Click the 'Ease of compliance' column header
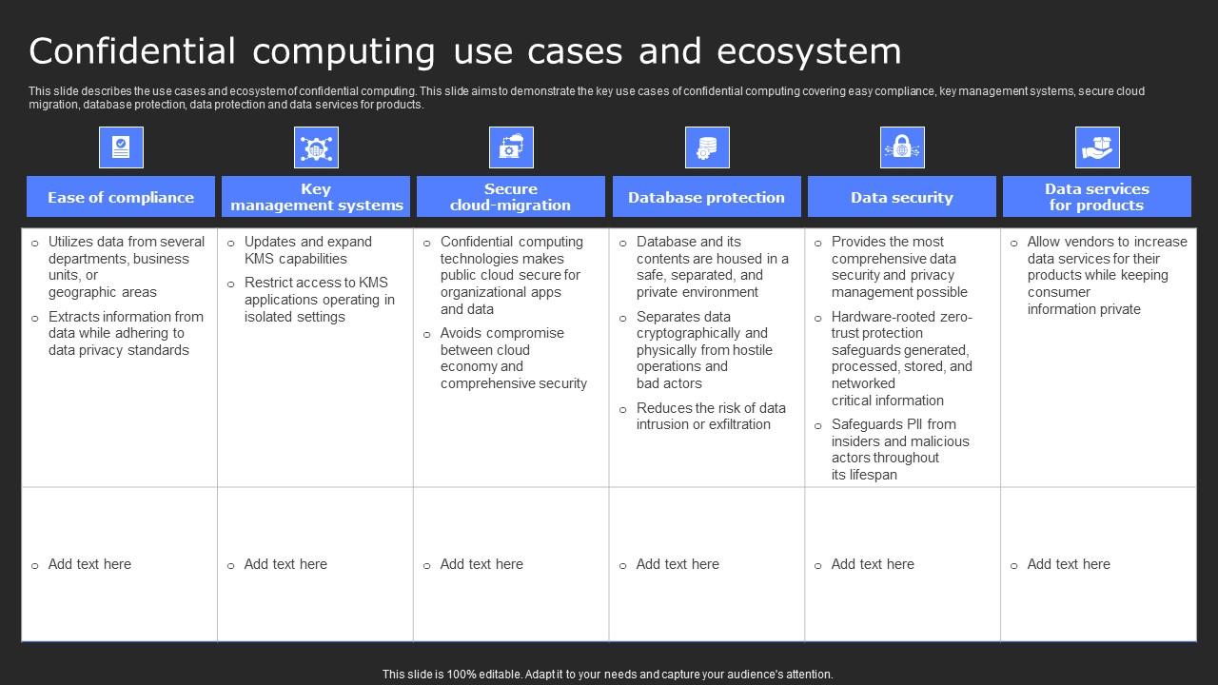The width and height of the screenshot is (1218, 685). (121, 197)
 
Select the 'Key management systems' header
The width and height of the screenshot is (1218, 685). (316, 197)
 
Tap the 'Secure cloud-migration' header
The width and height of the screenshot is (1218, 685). (511, 197)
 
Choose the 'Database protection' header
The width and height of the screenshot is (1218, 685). (706, 197)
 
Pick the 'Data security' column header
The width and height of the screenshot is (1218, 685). (901, 197)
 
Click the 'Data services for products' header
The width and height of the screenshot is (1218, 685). (1096, 197)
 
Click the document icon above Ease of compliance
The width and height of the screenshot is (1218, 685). (121, 147)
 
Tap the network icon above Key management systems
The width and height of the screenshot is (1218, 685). (316, 147)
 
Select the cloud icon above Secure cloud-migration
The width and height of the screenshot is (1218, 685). (511, 147)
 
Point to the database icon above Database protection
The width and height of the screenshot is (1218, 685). (707, 147)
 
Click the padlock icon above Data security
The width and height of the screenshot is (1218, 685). (902, 147)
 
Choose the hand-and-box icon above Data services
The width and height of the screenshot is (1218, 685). (1097, 147)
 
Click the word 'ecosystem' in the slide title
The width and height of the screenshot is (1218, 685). (808, 51)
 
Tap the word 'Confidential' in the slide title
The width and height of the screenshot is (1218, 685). (132, 51)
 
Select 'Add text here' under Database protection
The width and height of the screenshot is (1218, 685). (678, 564)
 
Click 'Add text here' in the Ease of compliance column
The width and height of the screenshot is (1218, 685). (89, 564)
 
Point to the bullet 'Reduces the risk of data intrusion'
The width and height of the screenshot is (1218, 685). (711, 416)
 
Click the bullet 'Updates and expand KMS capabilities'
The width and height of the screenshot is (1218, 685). (307, 250)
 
